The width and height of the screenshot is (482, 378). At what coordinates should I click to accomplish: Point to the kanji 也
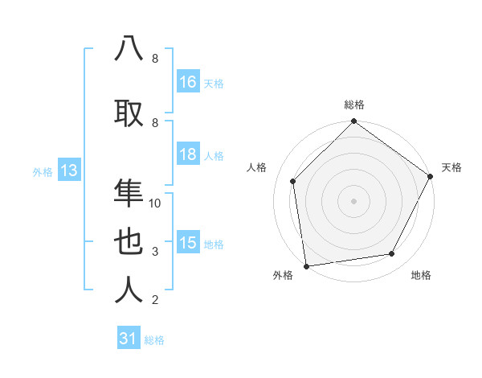[x=129, y=242]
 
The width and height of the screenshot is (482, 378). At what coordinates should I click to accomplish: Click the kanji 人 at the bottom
[x=129, y=290]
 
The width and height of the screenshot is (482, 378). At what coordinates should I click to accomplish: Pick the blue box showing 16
[x=188, y=82]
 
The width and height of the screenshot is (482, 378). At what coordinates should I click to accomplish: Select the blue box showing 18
[x=188, y=155]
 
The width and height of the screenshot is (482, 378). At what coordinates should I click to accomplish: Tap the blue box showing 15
[x=188, y=244]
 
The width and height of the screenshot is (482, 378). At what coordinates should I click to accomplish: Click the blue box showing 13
[x=68, y=171]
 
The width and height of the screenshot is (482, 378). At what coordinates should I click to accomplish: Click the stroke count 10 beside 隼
[x=155, y=203]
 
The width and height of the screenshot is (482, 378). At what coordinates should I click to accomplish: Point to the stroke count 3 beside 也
[x=155, y=252]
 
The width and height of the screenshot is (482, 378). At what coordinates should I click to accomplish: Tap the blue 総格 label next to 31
[x=154, y=340]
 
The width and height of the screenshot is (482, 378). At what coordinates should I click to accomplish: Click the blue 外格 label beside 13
[x=43, y=172]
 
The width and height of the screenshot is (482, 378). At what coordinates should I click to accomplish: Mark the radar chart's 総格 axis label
[x=354, y=105]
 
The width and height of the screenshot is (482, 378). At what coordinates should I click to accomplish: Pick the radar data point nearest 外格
[x=306, y=265]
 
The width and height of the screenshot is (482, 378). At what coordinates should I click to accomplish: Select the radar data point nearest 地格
[x=392, y=253]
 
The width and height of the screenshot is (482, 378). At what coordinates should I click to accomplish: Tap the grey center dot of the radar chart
[x=354, y=200]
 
